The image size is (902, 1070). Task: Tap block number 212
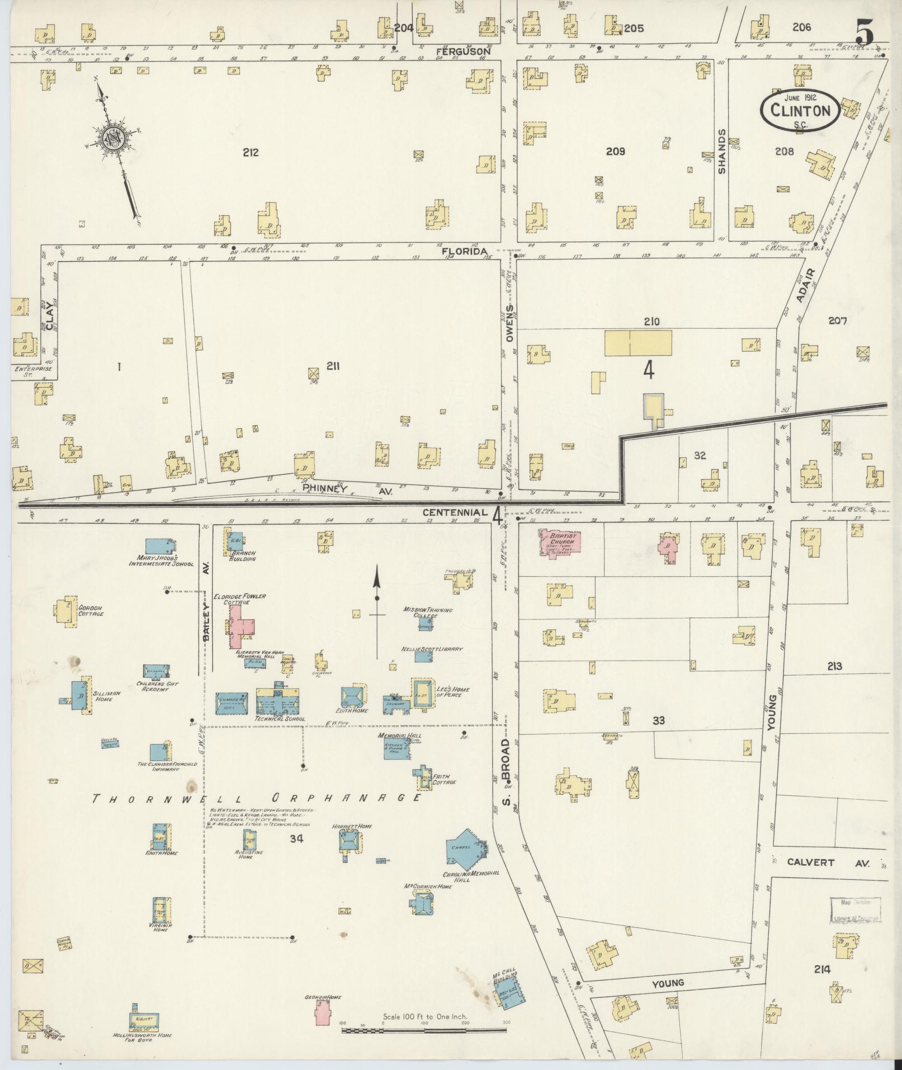tap(251, 152)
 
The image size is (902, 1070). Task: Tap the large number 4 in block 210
tap(649, 370)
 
